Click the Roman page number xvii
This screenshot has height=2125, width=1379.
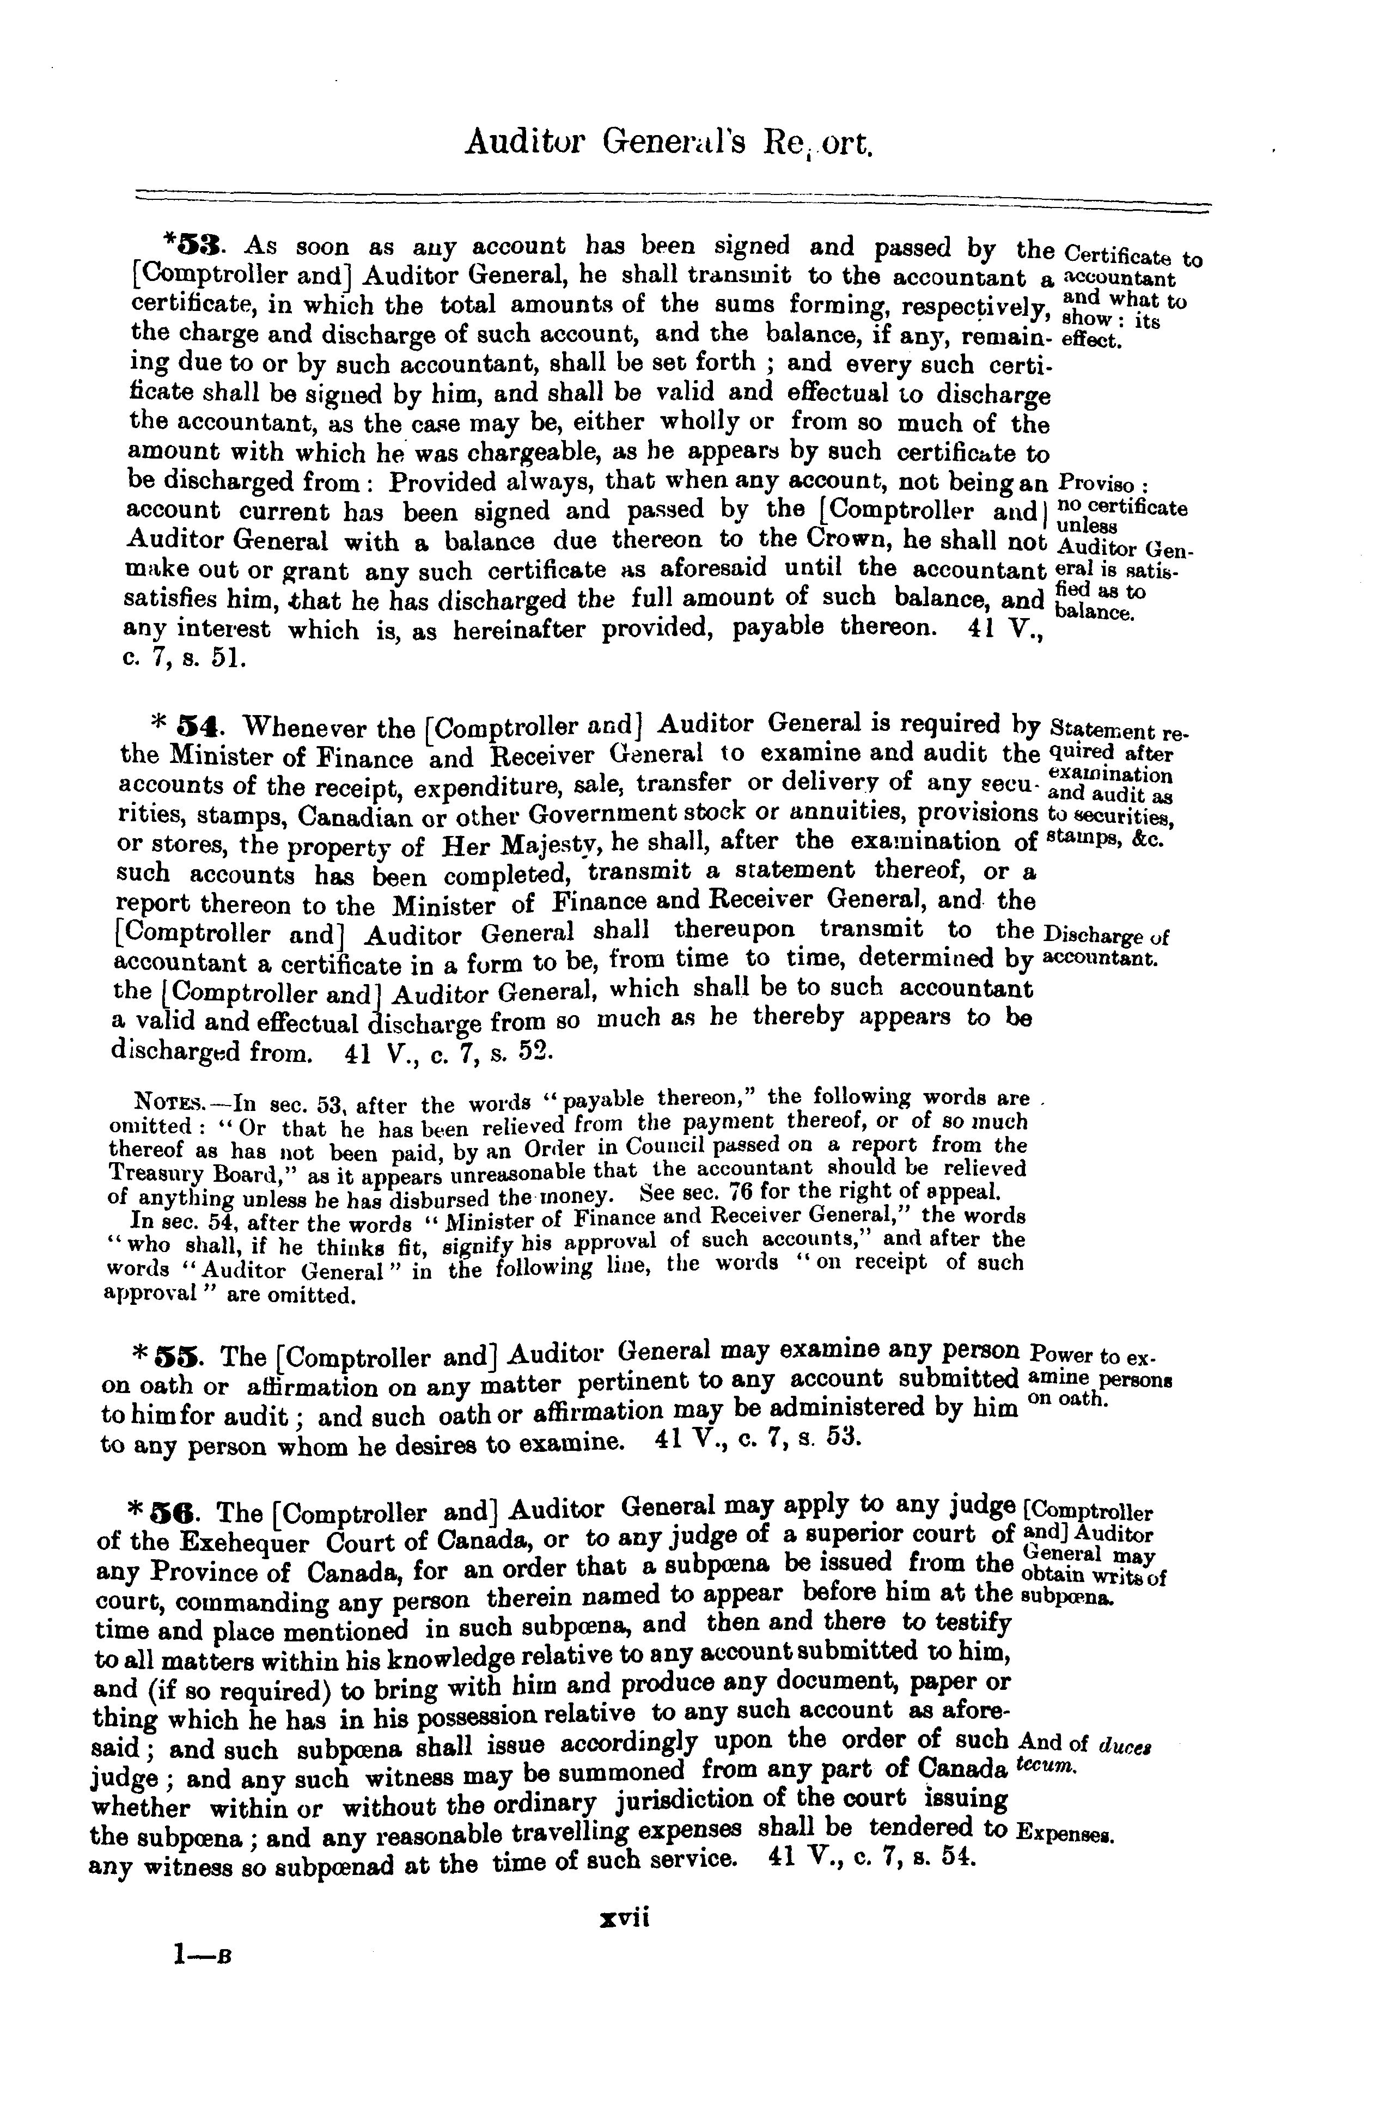pyautogui.click(x=624, y=1917)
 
